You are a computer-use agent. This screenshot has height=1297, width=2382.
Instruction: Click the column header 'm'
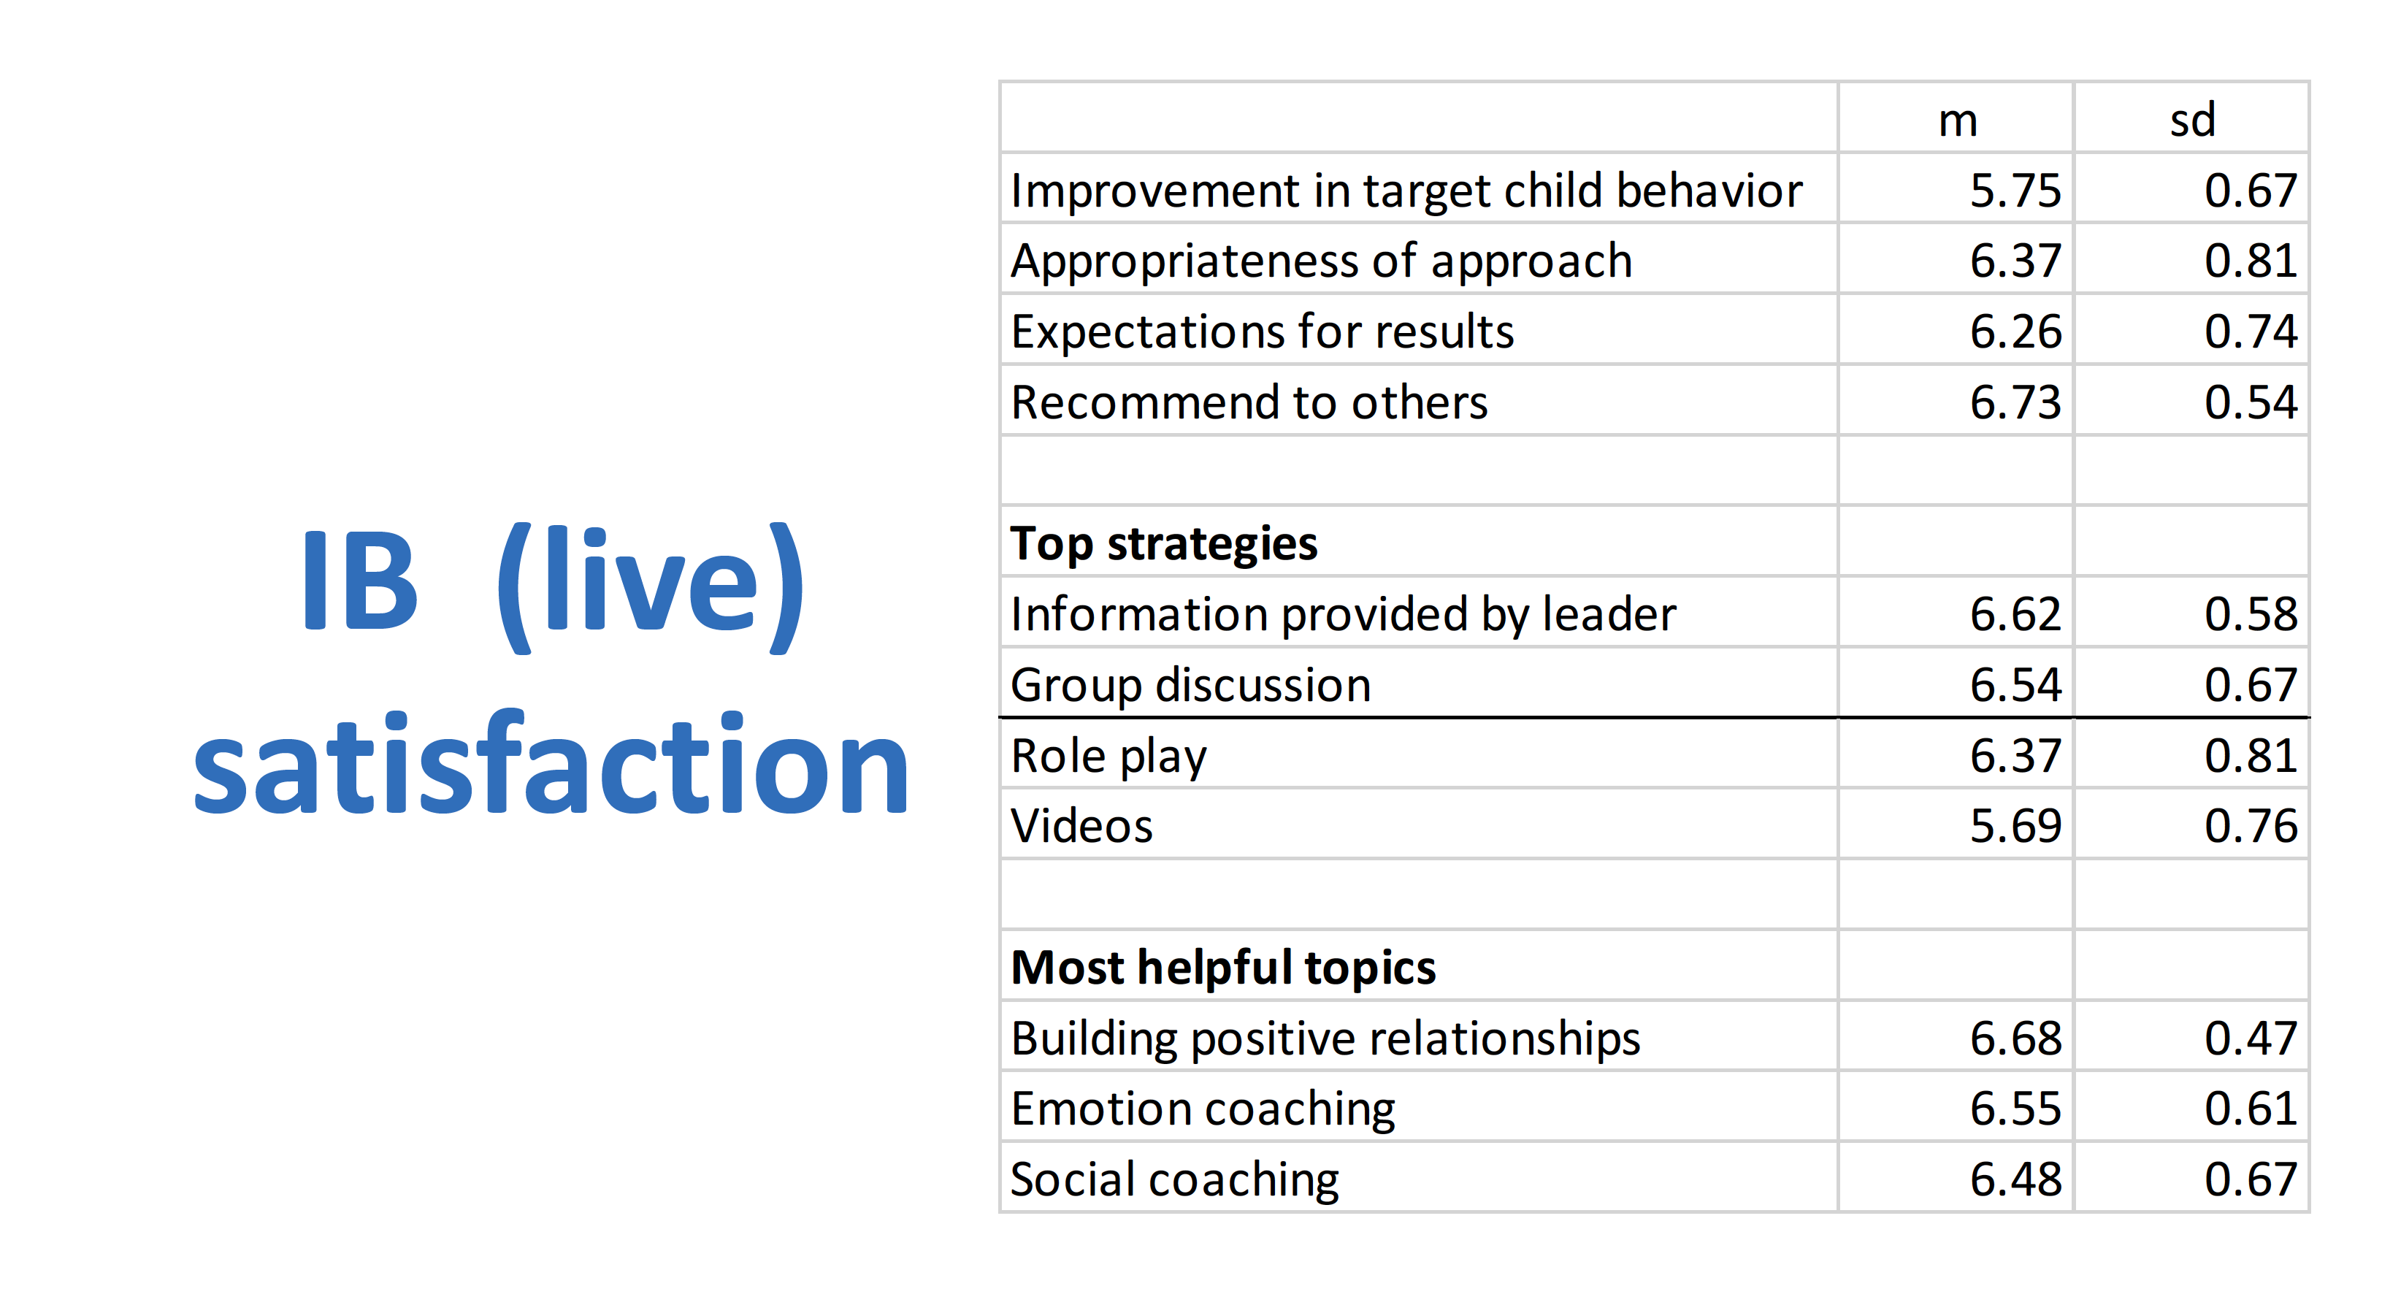(1958, 121)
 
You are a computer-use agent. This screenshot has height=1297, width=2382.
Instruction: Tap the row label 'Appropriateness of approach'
(1322, 261)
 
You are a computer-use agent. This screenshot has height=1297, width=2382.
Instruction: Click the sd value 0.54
(2251, 402)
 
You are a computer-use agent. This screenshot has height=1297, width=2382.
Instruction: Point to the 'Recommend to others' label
(1249, 402)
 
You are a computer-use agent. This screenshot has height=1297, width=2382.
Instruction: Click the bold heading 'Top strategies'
(1164, 543)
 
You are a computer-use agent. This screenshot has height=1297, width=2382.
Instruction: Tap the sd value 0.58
(2251, 614)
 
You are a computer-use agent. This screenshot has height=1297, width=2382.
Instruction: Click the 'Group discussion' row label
(1191, 686)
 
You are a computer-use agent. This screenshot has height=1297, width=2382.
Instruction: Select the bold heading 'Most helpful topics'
(1223, 968)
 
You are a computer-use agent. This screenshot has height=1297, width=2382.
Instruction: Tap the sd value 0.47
(2251, 1038)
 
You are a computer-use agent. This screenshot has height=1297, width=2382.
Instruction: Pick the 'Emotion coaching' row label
(1203, 1109)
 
